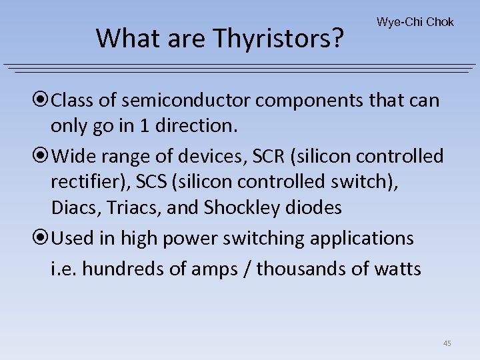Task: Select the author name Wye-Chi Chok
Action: coord(415,22)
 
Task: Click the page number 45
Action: coord(447,343)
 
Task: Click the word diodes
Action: coord(314,208)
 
